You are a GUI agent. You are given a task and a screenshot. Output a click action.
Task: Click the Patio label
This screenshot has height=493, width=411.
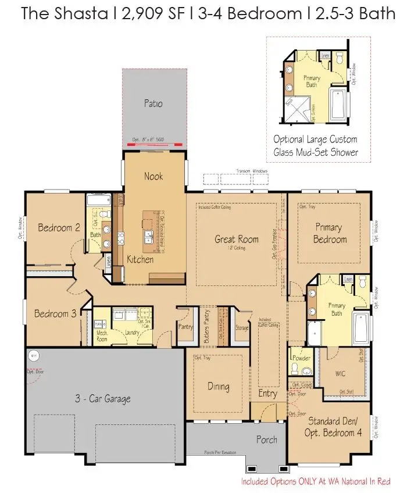[x=153, y=104]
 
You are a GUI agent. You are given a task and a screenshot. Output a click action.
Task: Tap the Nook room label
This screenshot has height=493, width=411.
[x=153, y=176]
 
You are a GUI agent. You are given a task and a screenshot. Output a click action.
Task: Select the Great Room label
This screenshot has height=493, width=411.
[x=236, y=239]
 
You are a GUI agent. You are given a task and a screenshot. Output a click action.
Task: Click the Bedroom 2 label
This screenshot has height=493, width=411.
[x=59, y=227]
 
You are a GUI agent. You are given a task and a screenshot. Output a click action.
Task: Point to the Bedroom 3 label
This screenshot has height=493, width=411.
[x=55, y=314]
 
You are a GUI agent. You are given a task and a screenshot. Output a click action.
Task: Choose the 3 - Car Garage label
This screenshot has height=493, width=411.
[x=102, y=399]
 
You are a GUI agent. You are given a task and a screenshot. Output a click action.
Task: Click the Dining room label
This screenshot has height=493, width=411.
[x=218, y=386]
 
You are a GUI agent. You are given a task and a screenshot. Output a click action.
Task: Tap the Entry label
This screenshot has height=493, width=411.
[x=267, y=394]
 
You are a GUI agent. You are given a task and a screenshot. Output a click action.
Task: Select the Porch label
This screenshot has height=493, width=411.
[x=267, y=440]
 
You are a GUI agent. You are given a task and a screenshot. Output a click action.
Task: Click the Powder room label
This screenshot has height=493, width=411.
[x=302, y=358]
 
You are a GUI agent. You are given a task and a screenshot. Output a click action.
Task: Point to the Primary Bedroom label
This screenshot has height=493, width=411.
[x=330, y=233]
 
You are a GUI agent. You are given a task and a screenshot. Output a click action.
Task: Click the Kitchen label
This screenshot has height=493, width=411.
[x=140, y=259]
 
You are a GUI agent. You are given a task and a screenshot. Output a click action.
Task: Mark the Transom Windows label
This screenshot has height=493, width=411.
[x=252, y=171]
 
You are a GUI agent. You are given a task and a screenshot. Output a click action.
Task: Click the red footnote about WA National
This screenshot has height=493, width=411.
[x=316, y=481]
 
